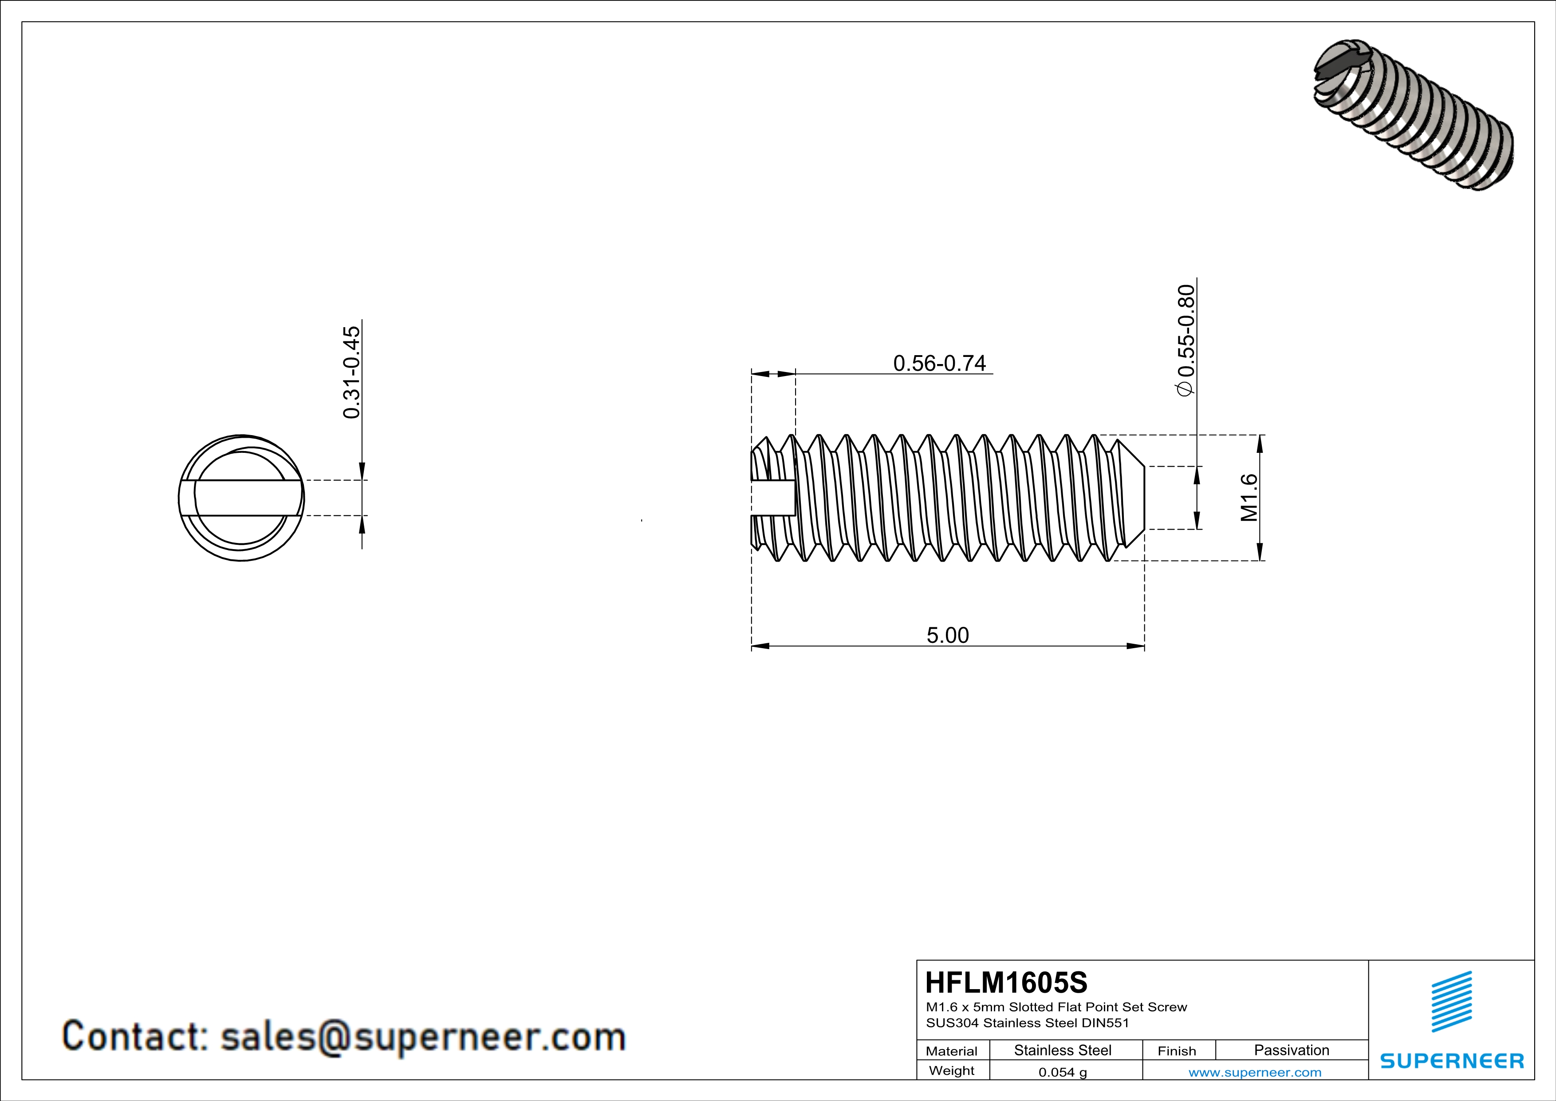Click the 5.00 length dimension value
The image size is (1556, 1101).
tap(947, 635)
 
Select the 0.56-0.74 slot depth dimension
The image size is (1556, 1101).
tap(939, 364)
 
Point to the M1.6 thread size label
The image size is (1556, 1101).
tap(1249, 498)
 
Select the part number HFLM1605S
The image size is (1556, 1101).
tap(1006, 982)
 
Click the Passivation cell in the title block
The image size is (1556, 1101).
tap(1291, 1050)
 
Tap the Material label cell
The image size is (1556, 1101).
tap(952, 1051)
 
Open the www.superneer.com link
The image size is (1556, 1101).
tap(1254, 1072)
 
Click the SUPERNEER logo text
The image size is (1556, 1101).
tap(1452, 1061)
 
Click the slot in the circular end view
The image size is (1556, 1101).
tap(241, 498)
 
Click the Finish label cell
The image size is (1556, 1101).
tap(1177, 1051)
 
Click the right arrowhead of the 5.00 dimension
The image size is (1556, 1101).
tap(1136, 646)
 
